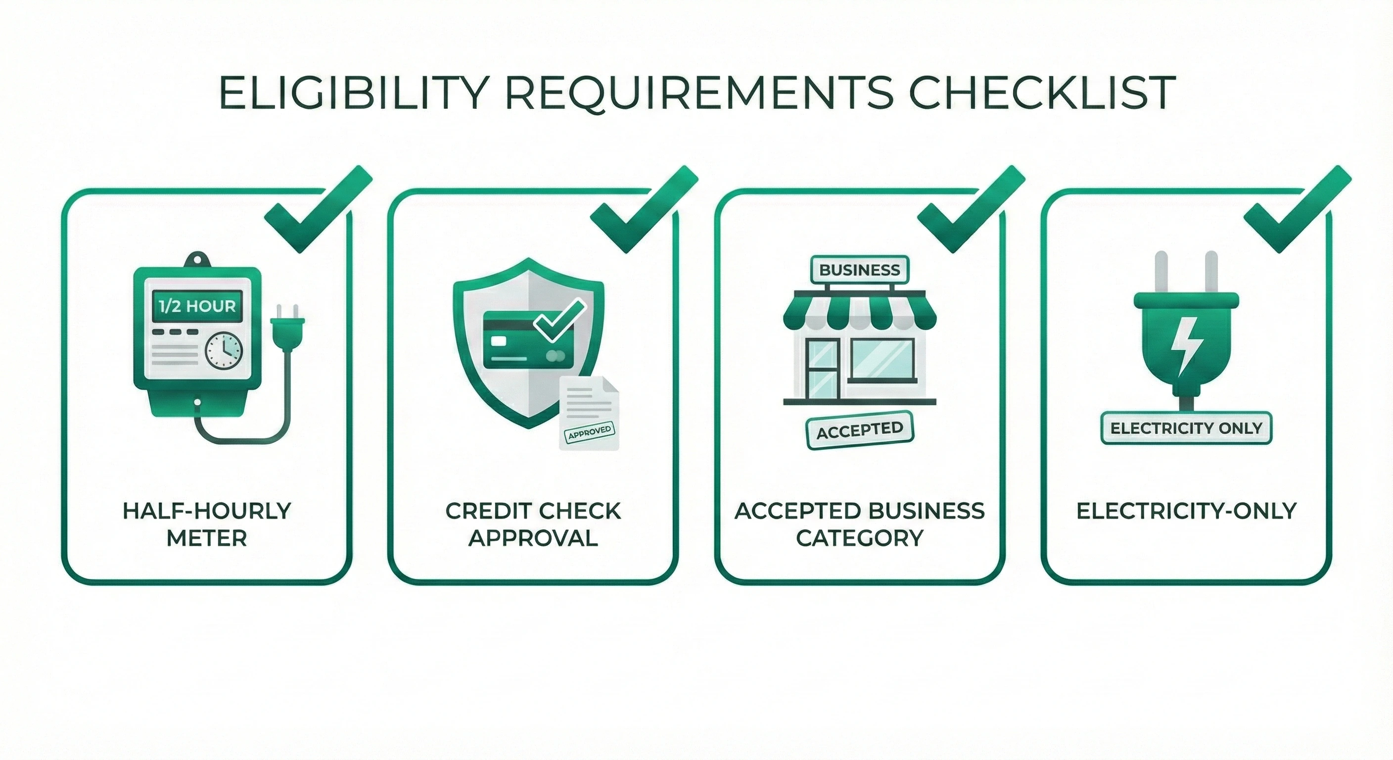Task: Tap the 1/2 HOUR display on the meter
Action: click(x=197, y=307)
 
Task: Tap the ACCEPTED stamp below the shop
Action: click(x=859, y=430)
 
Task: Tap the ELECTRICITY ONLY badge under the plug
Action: click(x=1186, y=428)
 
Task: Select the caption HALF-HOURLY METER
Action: click(x=207, y=524)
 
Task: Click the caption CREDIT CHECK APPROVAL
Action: click(x=533, y=524)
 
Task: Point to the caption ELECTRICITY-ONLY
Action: click(x=1186, y=511)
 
